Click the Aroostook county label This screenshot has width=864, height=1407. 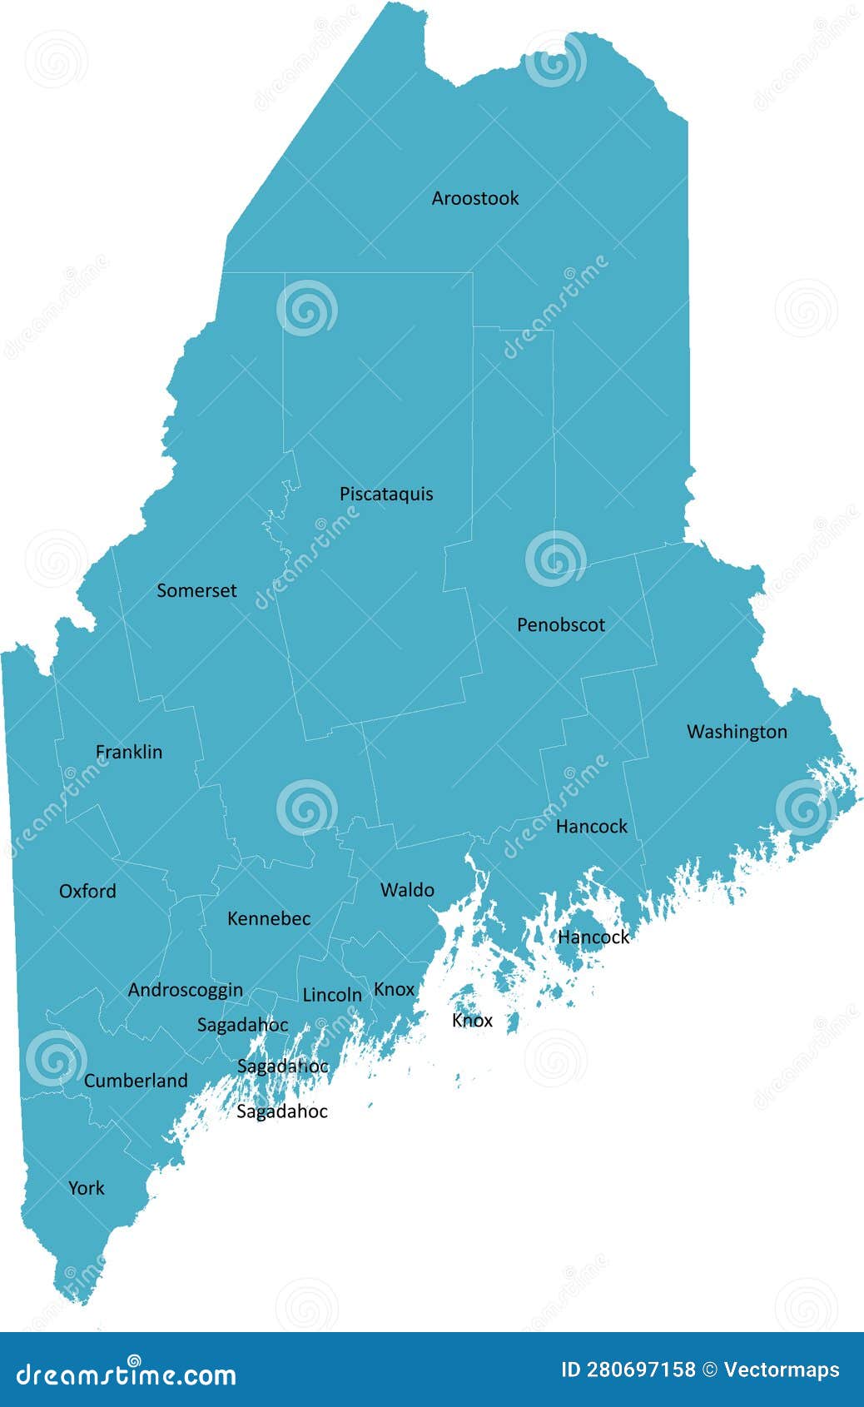(x=474, y=198)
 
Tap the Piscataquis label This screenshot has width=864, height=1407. (x=386, y=494)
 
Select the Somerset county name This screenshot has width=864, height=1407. (x=196, y=590)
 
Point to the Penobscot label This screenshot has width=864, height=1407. (x=560, y=624)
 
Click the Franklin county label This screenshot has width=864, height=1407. (x=129, y=752)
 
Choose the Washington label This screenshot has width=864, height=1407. (x=737, y=732)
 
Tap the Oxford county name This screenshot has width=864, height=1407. (x=87, y=891)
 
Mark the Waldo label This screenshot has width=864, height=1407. (x=407, y=890)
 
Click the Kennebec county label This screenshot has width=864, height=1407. (x=269, y=918)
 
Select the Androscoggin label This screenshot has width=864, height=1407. (x=186, y=990)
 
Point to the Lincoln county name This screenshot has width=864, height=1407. (x=332, y=995)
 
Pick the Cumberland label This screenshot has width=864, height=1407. (x=136, y=1081)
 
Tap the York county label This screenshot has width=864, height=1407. (x=87, y=1188)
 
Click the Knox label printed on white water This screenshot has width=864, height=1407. (x=472, y=1021)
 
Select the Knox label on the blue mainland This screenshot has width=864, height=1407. (x=394, y=989)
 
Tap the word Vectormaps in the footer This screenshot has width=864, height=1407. (x=782, y=1370)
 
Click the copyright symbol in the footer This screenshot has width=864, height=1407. (x=710, y=1370)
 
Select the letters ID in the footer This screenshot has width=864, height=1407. (x=571, y=1370)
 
